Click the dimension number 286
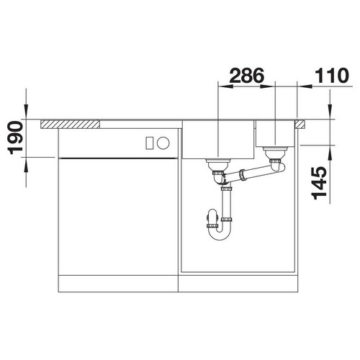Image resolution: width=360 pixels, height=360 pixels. coord(247,75)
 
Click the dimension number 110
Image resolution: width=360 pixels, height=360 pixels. coord(331,75)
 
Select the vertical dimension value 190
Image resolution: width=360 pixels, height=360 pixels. coord(15,138)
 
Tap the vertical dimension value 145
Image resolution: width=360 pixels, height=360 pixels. coord(319,183)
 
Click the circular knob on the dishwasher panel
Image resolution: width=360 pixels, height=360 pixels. coord(163,143)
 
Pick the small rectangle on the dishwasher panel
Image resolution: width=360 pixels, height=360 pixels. coord(149,143)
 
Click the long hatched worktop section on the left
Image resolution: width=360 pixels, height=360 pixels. coord(70,125)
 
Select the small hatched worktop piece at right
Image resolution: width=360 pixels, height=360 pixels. coord(300,125)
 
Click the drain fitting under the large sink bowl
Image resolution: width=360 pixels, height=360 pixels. coord(218,165)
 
